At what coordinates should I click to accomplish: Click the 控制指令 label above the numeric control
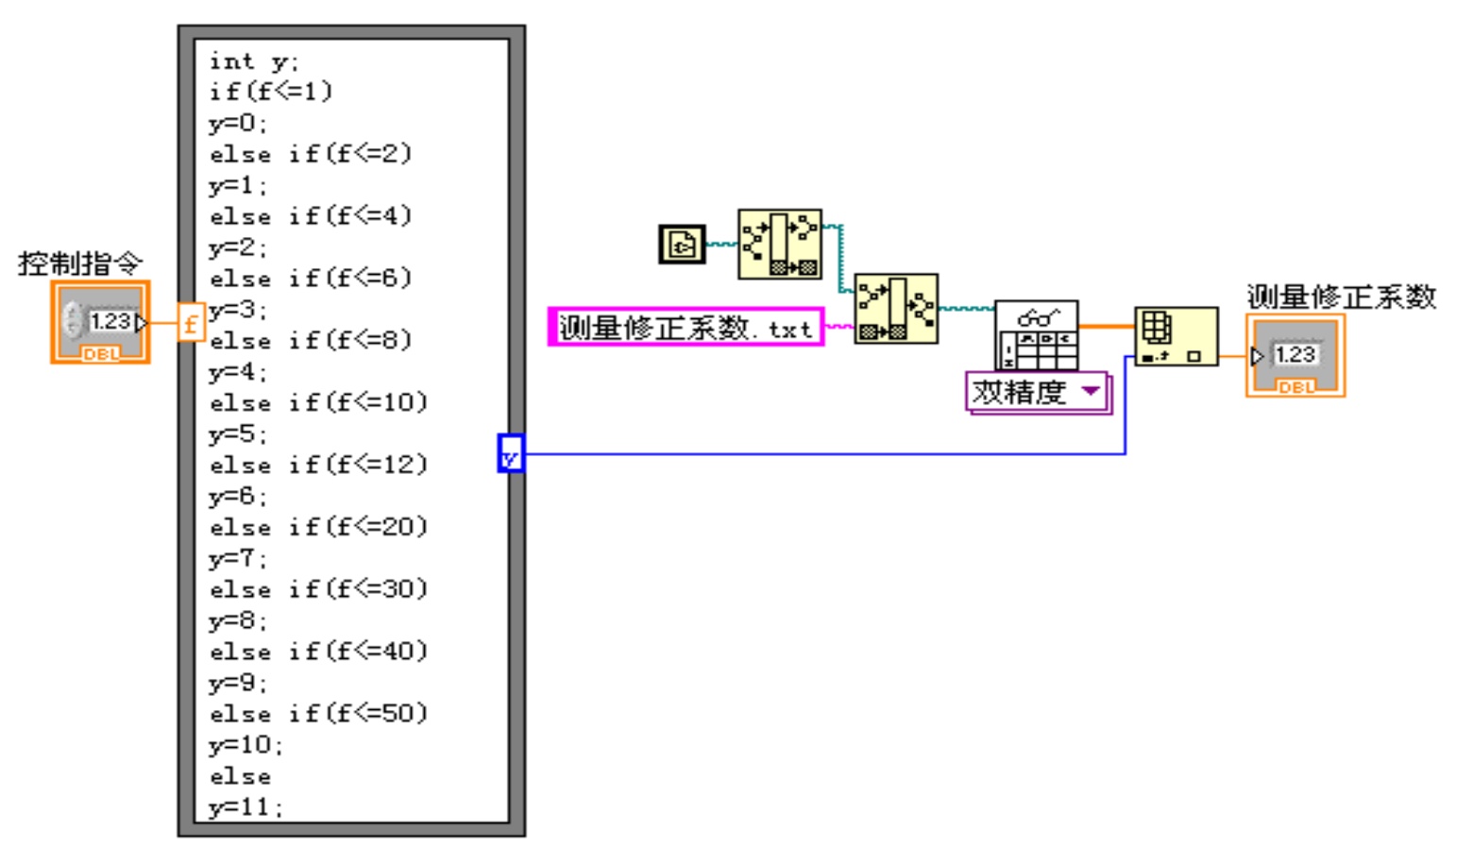[79, 263]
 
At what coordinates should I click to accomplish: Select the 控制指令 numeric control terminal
[100, 322]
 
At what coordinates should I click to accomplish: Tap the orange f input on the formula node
[191, 323]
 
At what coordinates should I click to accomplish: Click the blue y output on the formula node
[510, 454]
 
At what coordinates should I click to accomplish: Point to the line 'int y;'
[253, 62]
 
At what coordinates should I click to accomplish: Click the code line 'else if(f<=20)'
[318, 527]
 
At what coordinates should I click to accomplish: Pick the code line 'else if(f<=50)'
[318, 714]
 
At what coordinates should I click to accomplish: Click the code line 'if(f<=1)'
[271, 93]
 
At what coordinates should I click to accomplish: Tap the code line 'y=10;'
[245, 745]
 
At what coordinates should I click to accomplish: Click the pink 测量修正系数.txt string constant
[686, 328]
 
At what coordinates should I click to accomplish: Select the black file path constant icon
[682, 245]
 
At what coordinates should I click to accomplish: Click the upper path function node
[779, 244]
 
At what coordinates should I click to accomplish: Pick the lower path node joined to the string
[895, 309]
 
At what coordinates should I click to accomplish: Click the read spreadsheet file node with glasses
[1036, 335]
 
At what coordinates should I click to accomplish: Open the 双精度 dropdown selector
[1037, 392]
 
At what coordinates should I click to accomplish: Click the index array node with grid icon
[1176, 336]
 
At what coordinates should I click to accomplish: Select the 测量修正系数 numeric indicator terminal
[1295, 356]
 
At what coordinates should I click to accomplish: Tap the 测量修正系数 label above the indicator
[1341, 297]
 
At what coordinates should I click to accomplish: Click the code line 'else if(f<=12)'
[318, 465]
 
